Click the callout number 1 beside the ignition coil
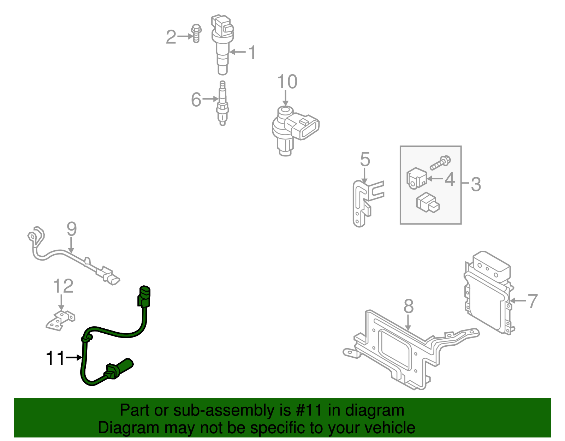coord(251,53)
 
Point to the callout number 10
coord(287,82)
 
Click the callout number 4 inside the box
coord(450,179)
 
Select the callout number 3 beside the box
coord(476,184)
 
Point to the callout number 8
coord(408,306)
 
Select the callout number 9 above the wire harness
coord(72,230)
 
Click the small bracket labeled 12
coord(60,320)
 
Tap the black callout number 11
coord(55,358)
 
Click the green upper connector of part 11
coord(144,296)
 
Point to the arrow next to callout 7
coord(518,300)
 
